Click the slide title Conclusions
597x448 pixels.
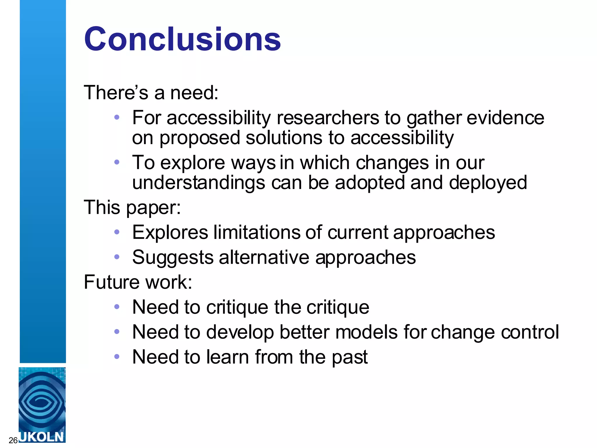click(x=182, y=39)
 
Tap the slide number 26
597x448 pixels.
click(x=13, y=440)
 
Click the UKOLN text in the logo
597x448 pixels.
click(x=42, y=437)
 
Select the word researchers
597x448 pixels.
click(x=328, y=118)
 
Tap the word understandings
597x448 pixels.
click(x=199, y=183)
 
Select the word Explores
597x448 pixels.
click(x=170, y=232)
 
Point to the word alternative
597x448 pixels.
click(x=264, y=258)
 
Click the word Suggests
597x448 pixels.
click(x=173, y=258)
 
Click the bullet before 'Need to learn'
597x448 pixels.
click(x=117, y=356)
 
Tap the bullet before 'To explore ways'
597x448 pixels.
click(x=117, y=162)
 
